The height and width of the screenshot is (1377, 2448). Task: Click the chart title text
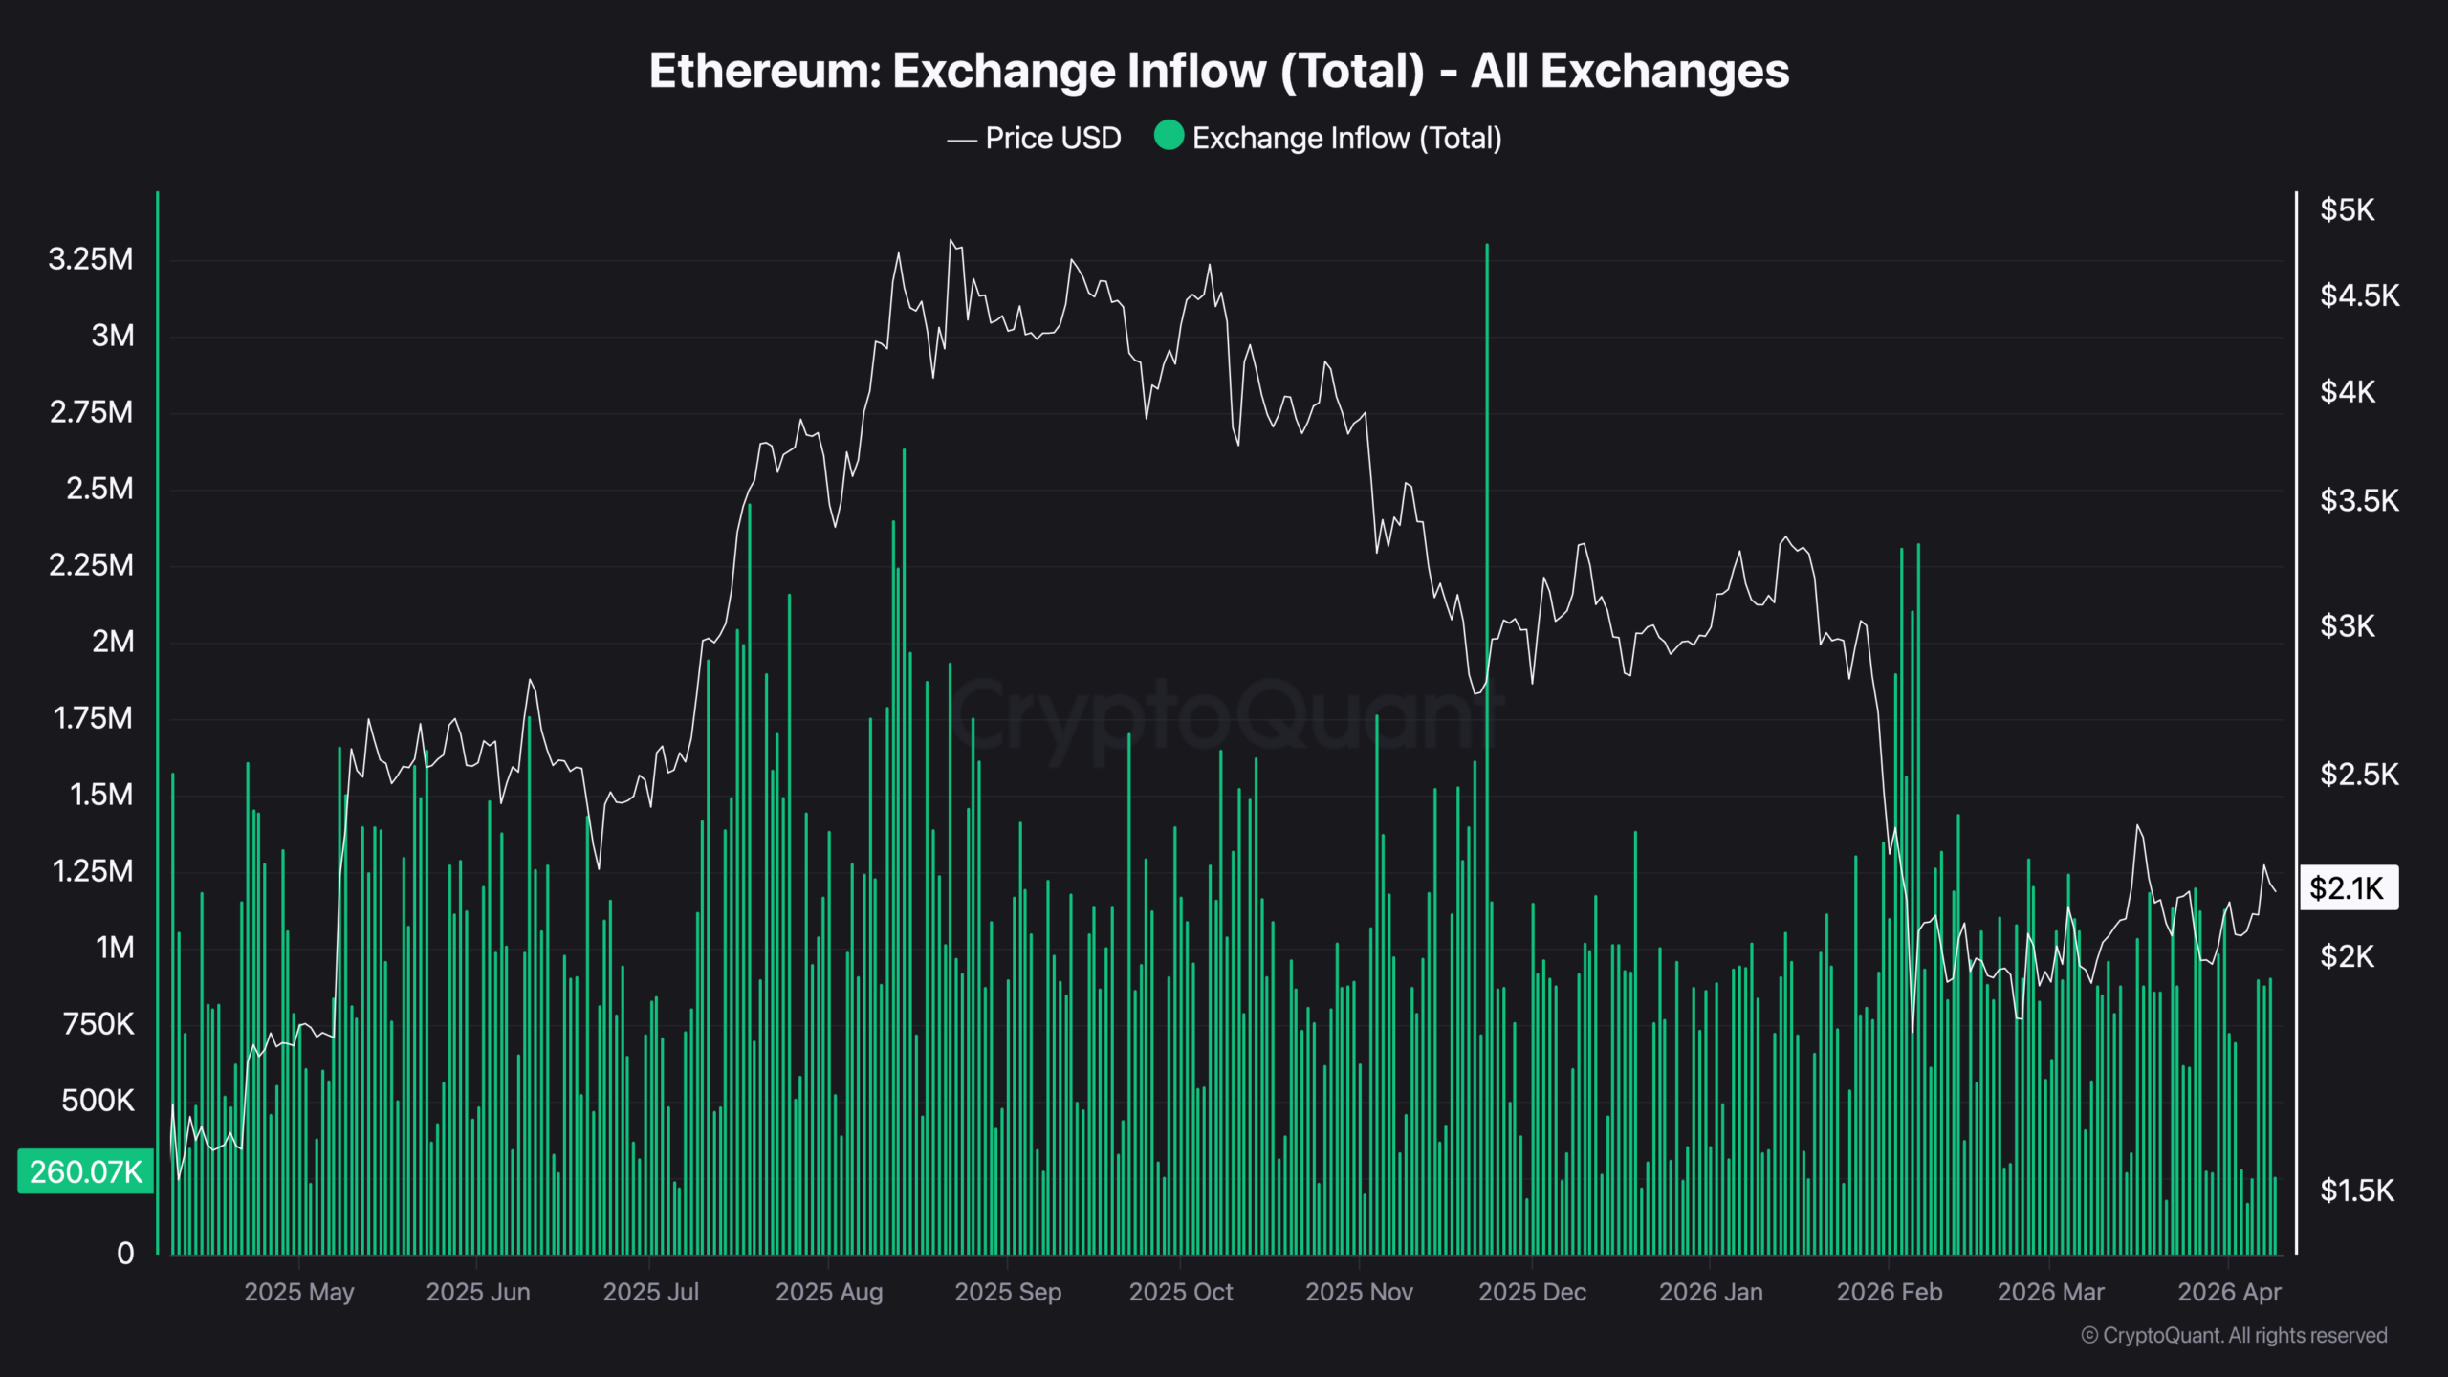1219,71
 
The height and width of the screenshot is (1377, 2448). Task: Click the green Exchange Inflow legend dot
1169,136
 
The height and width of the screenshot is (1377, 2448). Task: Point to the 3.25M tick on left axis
91,259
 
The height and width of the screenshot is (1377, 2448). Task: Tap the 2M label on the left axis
113,642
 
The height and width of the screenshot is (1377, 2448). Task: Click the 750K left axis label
98,1024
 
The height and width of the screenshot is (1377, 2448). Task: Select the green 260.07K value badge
85,1171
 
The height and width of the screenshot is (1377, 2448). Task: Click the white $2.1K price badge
2348,888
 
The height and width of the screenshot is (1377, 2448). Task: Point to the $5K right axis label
2347,210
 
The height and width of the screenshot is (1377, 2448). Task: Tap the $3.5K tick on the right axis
2359,501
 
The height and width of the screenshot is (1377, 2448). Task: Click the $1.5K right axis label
2357,1191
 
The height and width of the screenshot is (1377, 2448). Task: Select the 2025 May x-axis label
299,1292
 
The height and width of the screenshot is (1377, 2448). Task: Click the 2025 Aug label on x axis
829,1292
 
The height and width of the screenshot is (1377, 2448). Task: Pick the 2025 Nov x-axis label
1359,1292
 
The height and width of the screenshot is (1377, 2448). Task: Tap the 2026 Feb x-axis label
1890,1292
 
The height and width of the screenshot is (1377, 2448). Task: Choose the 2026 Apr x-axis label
2229,1292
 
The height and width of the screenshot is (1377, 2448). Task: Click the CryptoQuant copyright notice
2234,1336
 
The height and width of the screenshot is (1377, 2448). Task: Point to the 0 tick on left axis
125,1254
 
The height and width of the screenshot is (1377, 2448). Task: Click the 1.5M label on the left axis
101,795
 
